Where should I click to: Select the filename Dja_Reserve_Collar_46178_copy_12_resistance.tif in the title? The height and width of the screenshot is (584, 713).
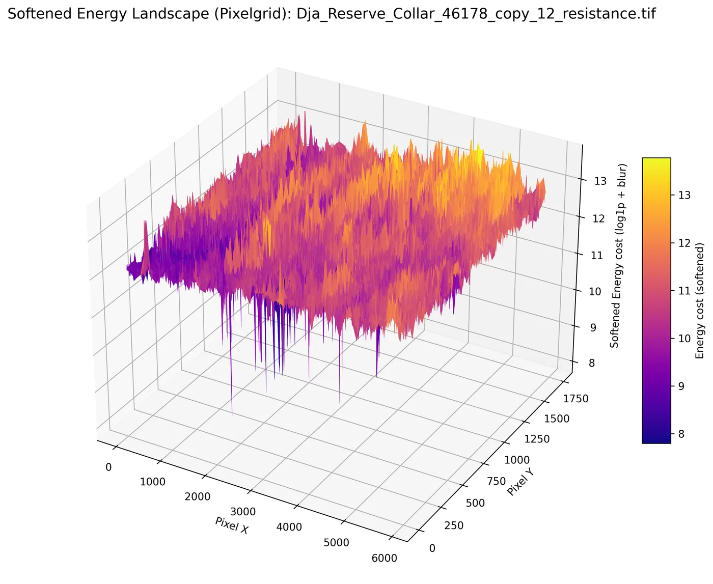click(476, 14)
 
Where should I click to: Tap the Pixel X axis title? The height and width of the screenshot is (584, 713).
click(232, 525)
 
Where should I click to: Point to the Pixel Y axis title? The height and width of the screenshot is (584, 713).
click(520, 483)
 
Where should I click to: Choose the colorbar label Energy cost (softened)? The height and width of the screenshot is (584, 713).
click(699, 300)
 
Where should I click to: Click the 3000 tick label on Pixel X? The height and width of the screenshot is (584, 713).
click(243, 512)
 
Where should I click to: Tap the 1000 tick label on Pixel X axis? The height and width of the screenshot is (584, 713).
click(152, 482)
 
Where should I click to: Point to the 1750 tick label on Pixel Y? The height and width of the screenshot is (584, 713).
click(575, 399)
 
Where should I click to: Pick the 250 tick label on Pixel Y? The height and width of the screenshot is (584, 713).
click(454, 525)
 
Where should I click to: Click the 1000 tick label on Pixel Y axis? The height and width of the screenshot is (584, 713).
click(517, 460)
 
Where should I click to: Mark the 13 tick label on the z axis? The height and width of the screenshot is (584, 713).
click(600, 181)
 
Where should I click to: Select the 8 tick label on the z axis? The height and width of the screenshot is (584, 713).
click(592, 363)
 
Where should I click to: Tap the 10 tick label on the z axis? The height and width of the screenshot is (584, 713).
click(595, 291)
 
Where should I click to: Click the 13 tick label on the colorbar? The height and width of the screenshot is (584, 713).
click(684, 196)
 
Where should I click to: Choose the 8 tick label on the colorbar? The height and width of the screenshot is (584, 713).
click(681, 434)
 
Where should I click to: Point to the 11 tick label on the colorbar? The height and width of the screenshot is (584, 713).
click(684, 291)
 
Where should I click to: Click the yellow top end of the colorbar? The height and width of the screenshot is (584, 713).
click(656, 158)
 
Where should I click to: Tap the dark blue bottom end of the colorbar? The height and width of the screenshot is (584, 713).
click(656, 442)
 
